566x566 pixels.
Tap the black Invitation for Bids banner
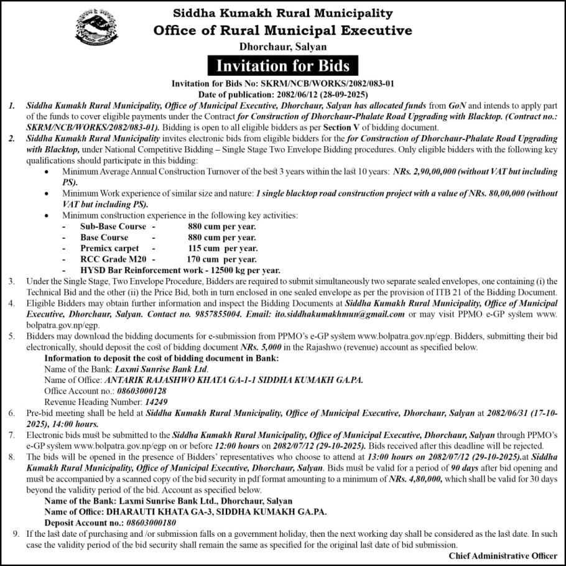[283, 65]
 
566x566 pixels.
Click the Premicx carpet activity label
[109, 248]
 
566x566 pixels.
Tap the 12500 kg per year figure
[247, 270]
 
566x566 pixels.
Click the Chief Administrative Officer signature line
[503, 556]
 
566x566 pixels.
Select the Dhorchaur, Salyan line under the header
[283, 47]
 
